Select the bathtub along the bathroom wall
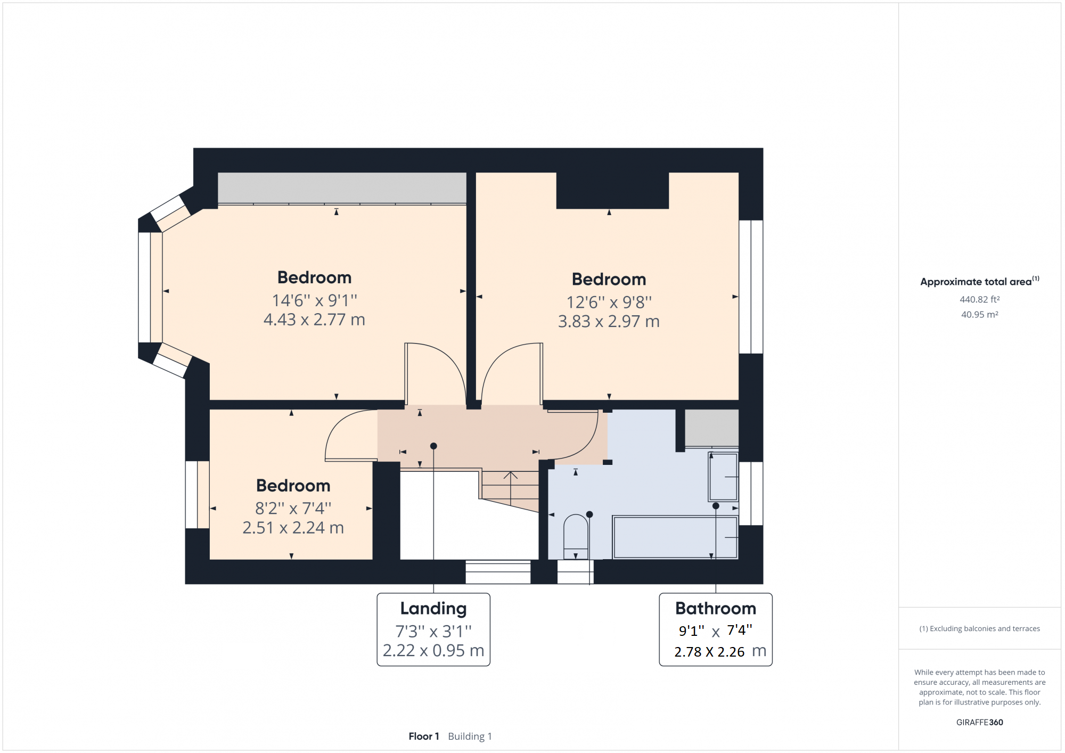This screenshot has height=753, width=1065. (x=675, y=537)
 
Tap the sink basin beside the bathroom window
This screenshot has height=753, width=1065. (x=723, y=477)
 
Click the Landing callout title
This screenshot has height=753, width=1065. (x=433, y=608)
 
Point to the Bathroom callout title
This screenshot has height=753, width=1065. (x=715, y=608)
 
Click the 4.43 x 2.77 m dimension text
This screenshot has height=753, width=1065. (x=314, y=320)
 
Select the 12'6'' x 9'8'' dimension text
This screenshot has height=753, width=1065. (x=609, y=302)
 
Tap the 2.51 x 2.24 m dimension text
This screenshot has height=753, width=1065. (x=293, y=528)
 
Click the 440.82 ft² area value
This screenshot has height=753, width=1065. (x=979, y=299)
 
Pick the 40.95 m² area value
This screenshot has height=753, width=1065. (x=979, y=315)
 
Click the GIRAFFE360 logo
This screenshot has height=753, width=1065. (x=979, y=722)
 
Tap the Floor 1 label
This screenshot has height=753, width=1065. (x=423, y=736)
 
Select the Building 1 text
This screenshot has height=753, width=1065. (x=470, y=736)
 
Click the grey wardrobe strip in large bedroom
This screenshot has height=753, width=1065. (x=342, y=187)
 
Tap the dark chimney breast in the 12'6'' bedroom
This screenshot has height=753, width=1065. (x=612, y=190)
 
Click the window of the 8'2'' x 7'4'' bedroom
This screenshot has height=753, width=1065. (x=196, y=494)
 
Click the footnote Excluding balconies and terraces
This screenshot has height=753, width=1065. (x=979, y=628)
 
